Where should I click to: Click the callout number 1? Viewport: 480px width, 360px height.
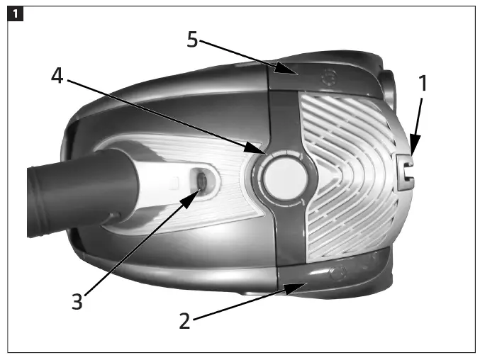(x=423, y=84)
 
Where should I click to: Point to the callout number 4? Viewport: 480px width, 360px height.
(x=58, y=76)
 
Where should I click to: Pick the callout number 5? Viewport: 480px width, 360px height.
(x=192, y=40)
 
